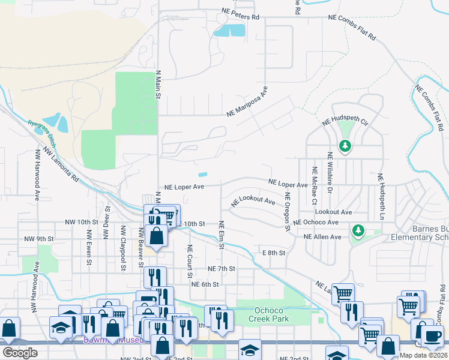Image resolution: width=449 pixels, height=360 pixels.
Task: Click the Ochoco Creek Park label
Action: pos(269,314)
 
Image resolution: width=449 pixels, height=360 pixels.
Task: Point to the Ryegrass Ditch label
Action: pos(41,134)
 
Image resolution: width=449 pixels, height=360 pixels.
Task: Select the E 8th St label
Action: pos(272,253)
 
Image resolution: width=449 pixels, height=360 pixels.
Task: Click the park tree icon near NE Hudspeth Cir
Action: pos(345,146)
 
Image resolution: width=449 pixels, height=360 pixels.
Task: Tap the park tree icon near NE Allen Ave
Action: pos(358,230)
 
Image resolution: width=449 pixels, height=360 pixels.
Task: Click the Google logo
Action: pos(20,353)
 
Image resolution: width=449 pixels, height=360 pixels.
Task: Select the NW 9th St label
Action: pos(39,239)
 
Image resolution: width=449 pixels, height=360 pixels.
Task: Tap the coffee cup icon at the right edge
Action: pos(432,337)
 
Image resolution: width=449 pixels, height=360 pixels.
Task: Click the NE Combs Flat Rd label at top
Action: pos(352,28)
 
